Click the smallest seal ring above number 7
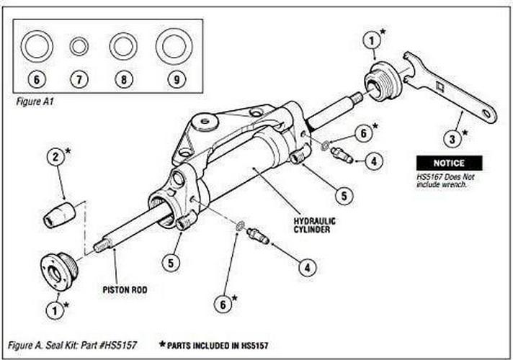pos(79,48)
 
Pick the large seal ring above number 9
pos(173,48)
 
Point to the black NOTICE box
pos(449,163)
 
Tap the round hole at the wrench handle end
pos(488,114)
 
